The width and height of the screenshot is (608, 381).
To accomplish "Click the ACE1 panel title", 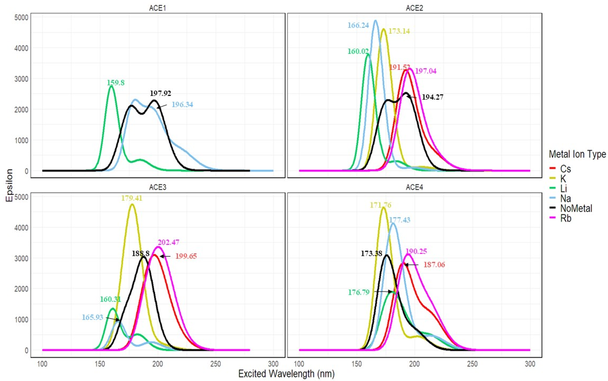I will pos(157,8).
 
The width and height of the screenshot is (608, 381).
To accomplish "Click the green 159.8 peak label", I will pos(116,83).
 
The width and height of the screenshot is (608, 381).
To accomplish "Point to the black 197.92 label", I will pos(160,93).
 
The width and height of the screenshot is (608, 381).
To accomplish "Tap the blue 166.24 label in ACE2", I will pos(358,25).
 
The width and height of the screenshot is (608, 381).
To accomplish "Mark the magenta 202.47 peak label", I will pos(169,242).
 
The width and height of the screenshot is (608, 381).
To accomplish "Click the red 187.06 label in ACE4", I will pos(434,265).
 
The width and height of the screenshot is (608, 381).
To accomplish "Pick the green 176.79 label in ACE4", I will pos(359,292).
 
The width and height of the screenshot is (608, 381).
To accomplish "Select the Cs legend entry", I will pos(565,169).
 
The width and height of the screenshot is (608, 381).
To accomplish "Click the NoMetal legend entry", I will pos(576,208).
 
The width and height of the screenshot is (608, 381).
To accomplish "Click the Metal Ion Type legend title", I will pos(577,154).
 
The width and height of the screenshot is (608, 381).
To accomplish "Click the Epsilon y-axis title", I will pos(9,185).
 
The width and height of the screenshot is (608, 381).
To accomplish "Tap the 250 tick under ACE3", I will pos(216,364).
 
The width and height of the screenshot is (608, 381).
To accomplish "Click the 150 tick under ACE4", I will pos(357,364).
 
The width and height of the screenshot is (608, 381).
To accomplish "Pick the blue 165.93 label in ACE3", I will pos(92,317).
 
